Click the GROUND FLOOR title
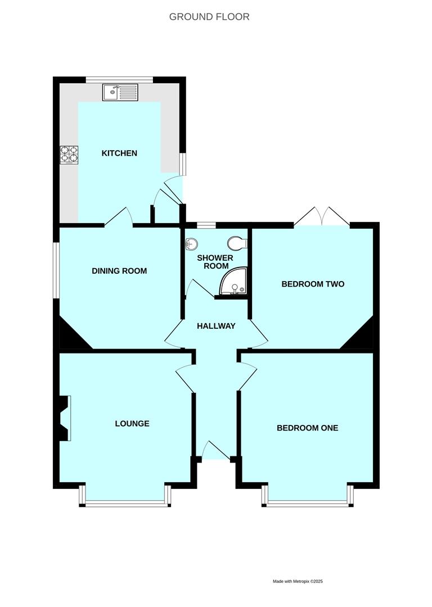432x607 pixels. (x=209, y=17)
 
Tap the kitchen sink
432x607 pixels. (x=120, y=92)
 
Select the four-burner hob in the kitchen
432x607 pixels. (x=69, y=155)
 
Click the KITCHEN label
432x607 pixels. (x=119, y=153)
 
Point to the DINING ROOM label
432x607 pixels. (x=119, y=271)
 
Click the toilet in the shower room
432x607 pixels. (x=237, y=244)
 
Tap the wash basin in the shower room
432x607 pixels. (x=191, y=243)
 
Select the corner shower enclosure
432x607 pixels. (x=233, y=282)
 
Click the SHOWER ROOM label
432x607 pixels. (x=216, y=262)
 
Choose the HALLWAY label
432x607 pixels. (x=216, y=326)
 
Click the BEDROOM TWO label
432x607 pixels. (x=313, y=284)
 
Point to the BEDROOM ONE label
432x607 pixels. (x=308, y=428)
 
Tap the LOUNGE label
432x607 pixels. (x=132, y=424)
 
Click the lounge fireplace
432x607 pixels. (x=65, y=418)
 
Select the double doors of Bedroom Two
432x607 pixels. (x=322, y=217)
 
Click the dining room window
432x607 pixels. (x=56, y=270)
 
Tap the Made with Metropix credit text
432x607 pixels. (x=298, y=581)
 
